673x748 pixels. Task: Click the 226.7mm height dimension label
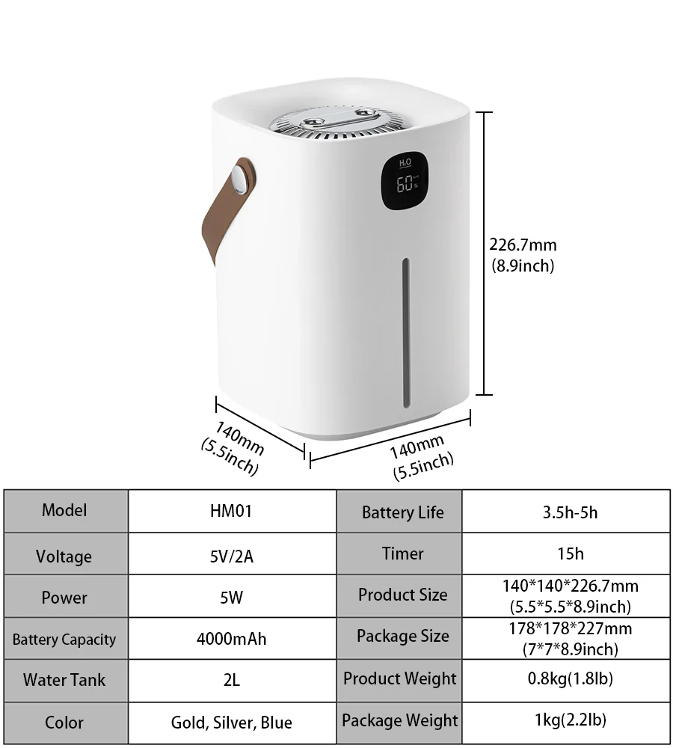click(523, 245)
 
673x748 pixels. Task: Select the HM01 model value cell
click(231, 511)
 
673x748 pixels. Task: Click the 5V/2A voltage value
click(231, 556)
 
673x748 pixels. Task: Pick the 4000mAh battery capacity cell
click(231, 639)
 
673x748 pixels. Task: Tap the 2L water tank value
click(231, 680)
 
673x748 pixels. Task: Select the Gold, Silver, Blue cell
click(231, 723)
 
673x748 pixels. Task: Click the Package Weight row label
click(399, 721)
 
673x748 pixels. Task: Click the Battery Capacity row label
click(64, 640)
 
